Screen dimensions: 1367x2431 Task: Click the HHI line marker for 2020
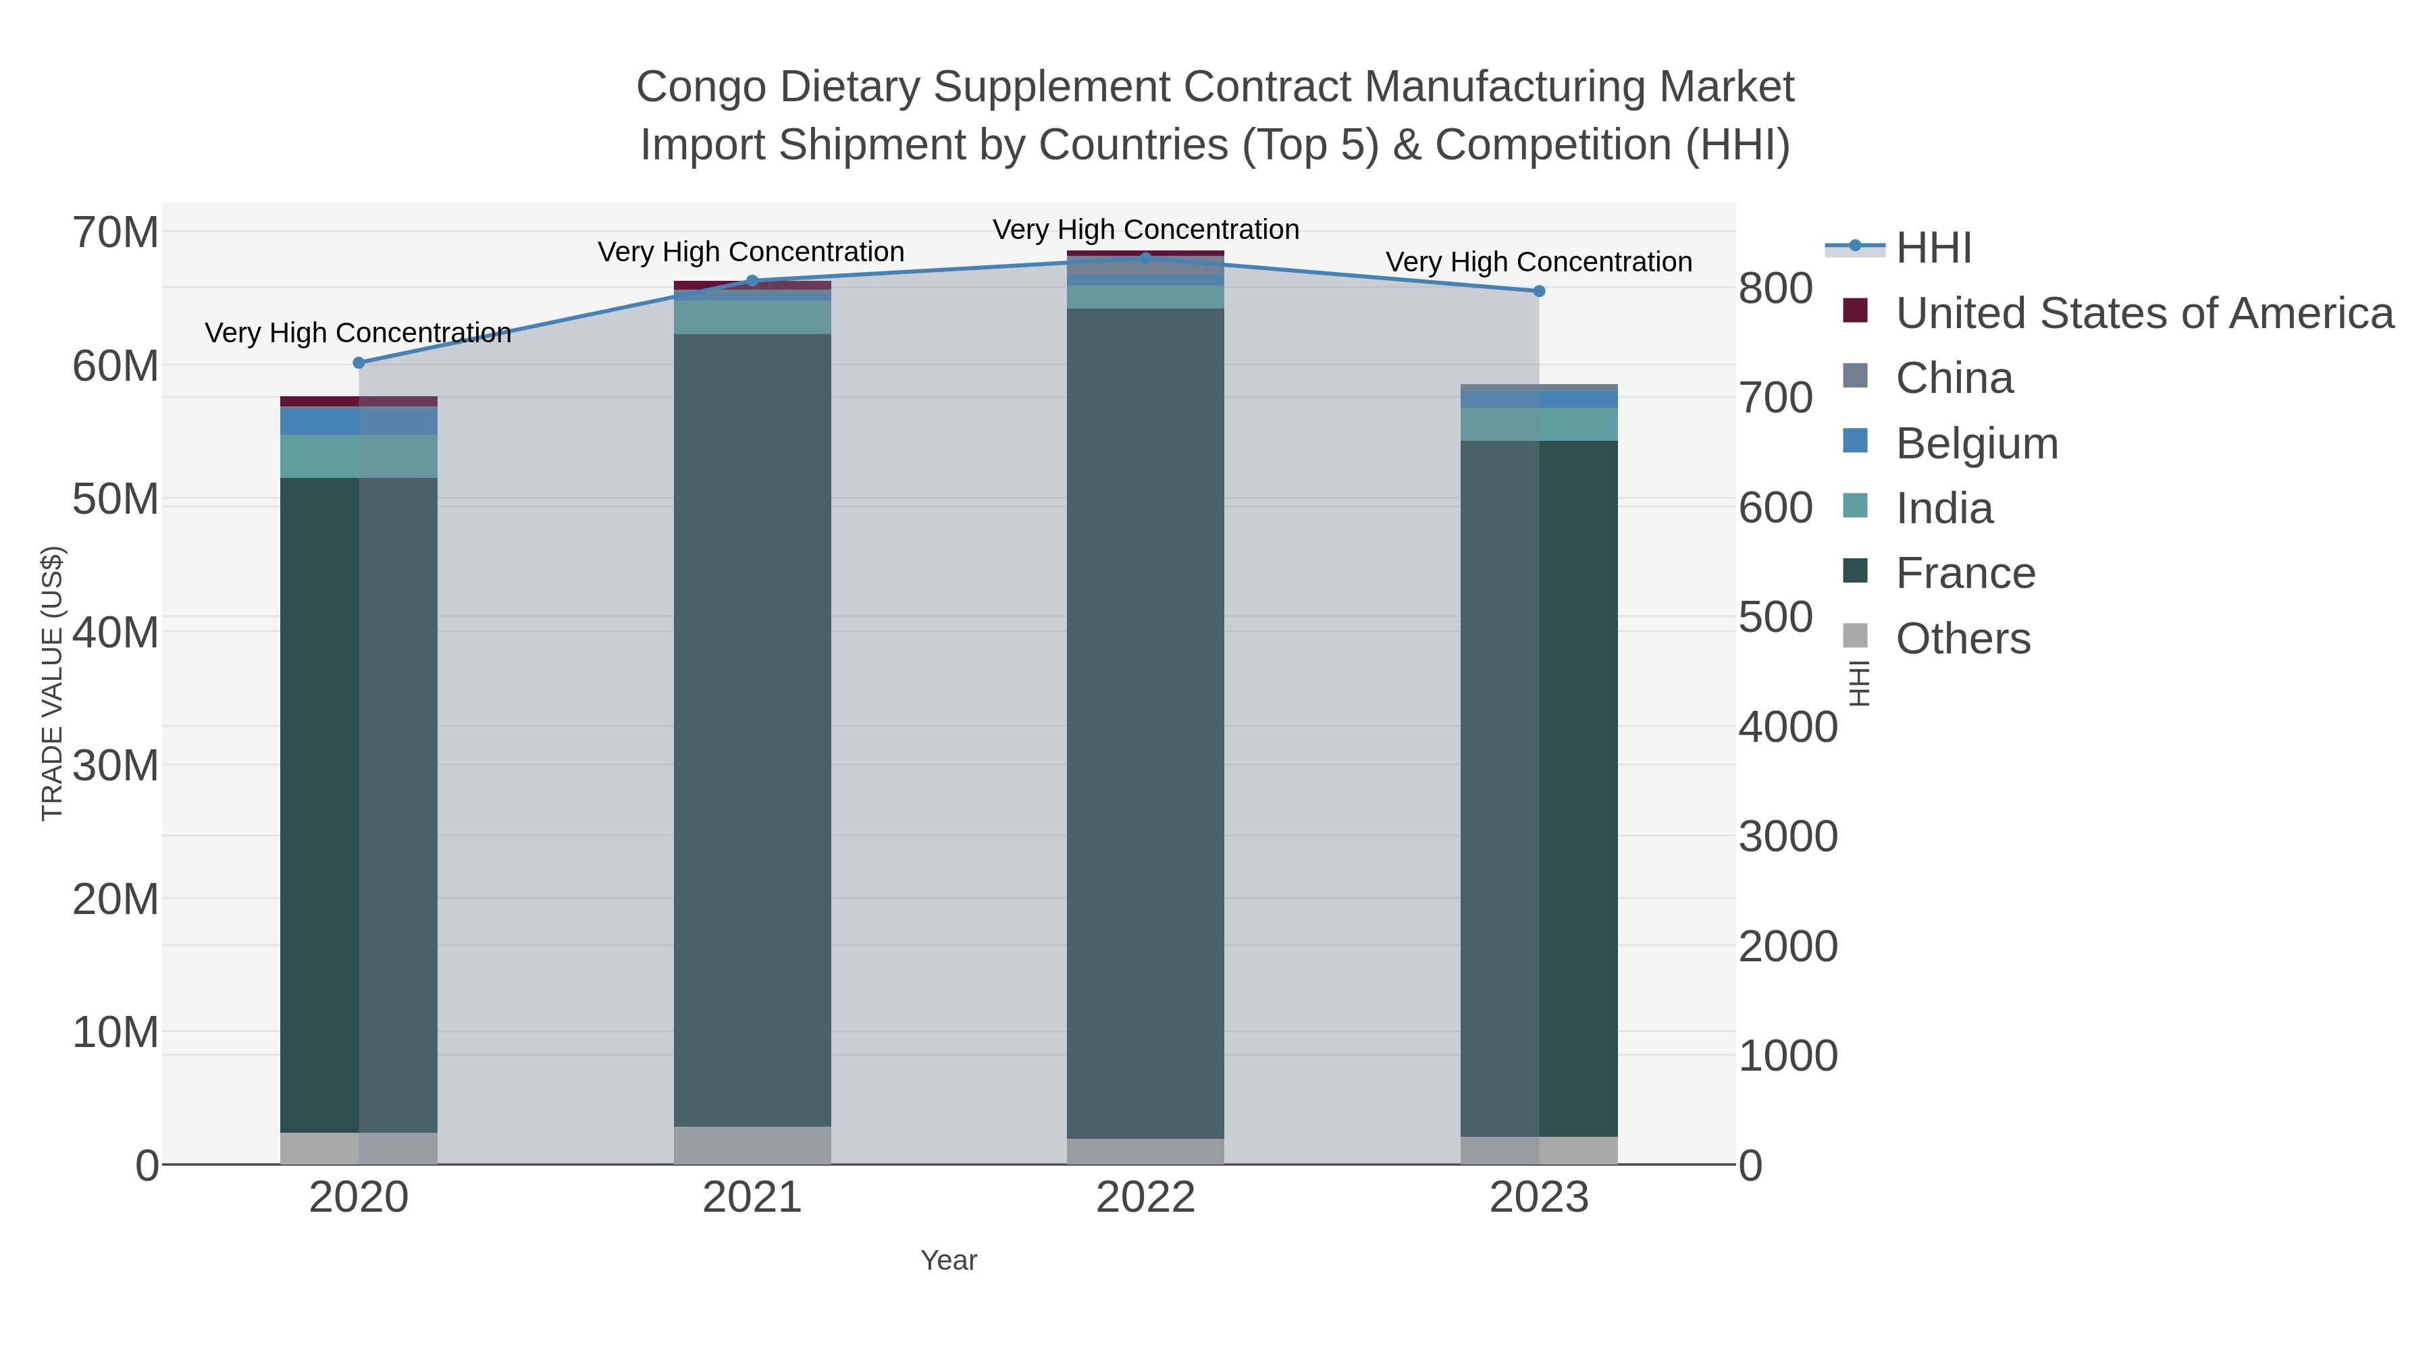[359, 363]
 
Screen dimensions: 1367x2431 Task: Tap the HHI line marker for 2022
[1146, 258]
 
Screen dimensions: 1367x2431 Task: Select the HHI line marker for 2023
[1539, 292]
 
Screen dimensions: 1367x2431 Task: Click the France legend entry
[1965, 574]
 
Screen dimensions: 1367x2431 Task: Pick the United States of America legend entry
[2144, 313]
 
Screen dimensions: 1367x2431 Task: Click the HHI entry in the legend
[1933, 248]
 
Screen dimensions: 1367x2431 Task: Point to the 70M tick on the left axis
[115, 233]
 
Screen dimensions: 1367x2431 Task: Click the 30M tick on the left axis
[115, 766]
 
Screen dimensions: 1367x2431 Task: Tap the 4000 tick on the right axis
[1787, 727]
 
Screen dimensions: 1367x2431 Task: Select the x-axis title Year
[949, 1260]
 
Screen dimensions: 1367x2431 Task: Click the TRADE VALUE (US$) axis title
[53, 683]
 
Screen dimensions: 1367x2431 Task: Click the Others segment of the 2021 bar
[752, 1146]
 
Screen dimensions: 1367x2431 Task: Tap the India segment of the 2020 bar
[359, 456]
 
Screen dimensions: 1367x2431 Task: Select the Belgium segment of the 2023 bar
[1539, 400]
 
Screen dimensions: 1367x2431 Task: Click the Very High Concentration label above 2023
[1538, 263]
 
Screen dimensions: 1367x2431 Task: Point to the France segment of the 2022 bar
[1146, 724]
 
